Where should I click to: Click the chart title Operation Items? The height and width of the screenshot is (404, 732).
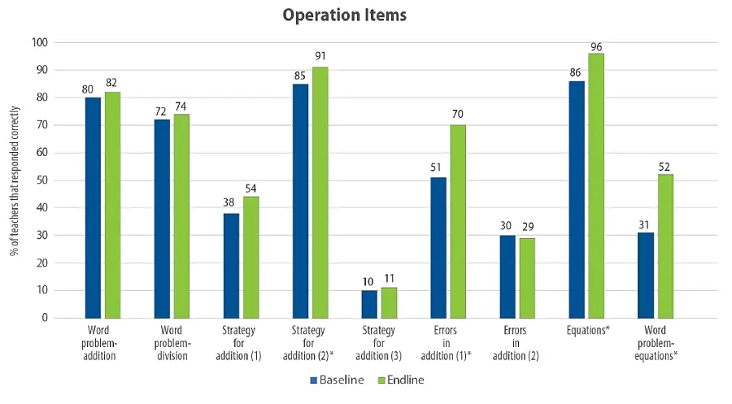click(344, 15)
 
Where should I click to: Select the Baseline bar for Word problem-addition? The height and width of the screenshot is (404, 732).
click(93, 207)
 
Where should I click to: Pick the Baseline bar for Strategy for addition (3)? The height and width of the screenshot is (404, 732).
click(369, 303)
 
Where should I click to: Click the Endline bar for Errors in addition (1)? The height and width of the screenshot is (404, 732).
click(458, 221)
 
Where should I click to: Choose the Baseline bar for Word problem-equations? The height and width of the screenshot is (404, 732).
click(646, 275)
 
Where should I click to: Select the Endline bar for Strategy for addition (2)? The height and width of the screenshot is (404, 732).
click(320, 192)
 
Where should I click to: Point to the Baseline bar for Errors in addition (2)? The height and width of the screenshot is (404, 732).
click(508, 276)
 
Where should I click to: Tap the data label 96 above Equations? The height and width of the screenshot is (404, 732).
click(596, 46)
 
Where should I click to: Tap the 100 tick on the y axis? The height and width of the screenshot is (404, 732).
click(38, 42)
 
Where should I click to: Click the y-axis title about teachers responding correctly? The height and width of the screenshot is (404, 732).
click(14, 180)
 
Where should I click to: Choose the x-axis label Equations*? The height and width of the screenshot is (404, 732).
click(590, 331)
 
